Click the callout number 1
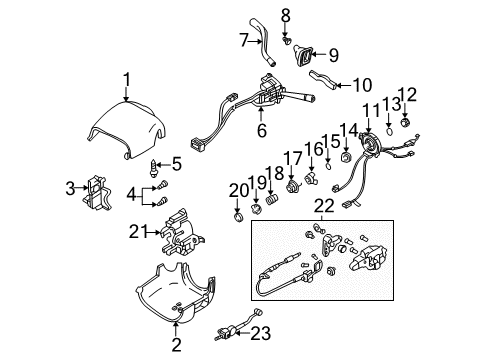[126, 79]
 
